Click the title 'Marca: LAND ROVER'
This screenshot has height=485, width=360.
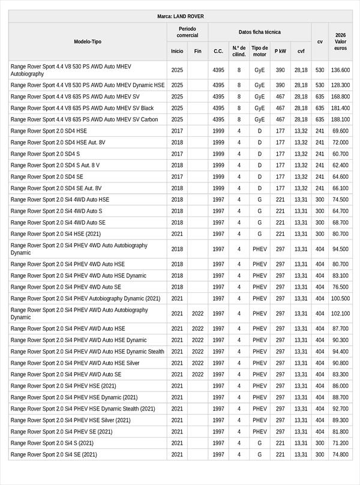coord(180,16)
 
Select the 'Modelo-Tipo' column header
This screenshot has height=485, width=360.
coord(88,41)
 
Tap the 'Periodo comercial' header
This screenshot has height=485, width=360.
coord(187,32)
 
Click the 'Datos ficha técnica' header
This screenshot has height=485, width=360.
coord(259,32)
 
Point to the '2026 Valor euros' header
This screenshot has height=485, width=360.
coord(340,41)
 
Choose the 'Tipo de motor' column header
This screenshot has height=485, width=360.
coord(260,51)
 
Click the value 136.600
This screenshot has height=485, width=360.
coord(340,70)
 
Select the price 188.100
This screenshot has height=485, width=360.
coord(340,119)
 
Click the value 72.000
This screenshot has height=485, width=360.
coord(340,142)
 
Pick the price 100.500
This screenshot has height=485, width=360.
coord(340,298)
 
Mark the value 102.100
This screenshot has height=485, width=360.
coord(340,313)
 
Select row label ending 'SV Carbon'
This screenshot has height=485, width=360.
coord(84,119)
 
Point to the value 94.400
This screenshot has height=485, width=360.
coord(340,352)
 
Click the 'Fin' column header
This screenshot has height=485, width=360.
coord(197,51)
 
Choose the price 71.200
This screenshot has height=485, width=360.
coord(340,443)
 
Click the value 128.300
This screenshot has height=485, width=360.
coord(340,85)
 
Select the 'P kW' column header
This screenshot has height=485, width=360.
coord(280,51)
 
